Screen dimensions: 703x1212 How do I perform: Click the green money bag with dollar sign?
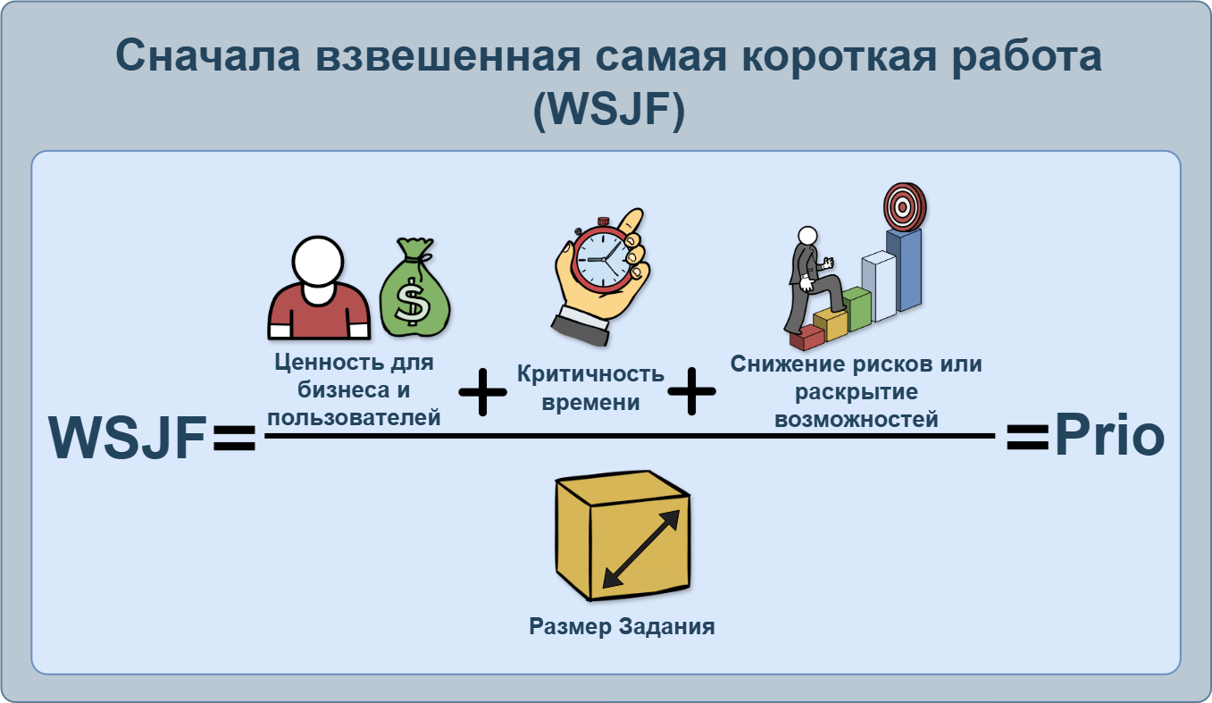414,291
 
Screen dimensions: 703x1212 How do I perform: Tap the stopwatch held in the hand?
602,259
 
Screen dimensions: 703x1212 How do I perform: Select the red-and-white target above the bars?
904,207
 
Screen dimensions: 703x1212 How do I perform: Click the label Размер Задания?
622,626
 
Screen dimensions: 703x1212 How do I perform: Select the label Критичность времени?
590,388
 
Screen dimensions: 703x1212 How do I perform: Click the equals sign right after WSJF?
234,439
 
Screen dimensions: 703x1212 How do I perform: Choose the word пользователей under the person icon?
355,416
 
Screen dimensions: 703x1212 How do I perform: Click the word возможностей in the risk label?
857,419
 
